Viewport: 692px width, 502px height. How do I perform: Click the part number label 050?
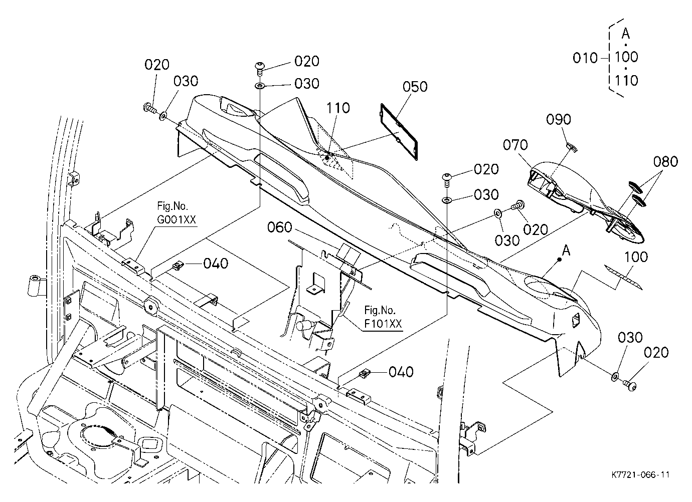[415, 87]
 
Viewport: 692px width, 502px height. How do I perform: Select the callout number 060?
[280, 227]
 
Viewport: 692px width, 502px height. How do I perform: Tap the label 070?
[515, 145]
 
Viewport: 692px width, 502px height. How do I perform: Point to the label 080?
[665, 161]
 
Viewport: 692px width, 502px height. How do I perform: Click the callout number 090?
[559, 119]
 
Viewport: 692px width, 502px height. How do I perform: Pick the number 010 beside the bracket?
[585, 58]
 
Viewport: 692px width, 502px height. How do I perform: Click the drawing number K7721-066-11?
[640, 474]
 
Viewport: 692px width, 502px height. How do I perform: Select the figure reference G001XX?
[177, 219]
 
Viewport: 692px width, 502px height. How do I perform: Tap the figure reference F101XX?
[383, 324]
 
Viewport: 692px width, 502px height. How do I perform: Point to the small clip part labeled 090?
[572, 148]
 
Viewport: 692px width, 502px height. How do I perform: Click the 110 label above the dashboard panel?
[338, 108]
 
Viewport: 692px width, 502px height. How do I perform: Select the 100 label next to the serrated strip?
[636, 257]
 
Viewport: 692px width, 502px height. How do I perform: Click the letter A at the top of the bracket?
[626, 34]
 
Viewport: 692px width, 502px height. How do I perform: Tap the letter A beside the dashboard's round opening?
[566, 250]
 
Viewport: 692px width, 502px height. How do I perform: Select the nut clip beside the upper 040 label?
[178, 265]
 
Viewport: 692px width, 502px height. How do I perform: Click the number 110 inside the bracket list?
[626, 81]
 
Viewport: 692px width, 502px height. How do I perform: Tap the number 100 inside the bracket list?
[626, 57]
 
